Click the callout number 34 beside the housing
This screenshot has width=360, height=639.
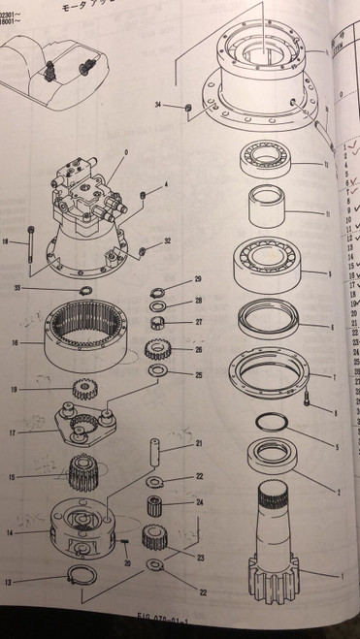point(158,104)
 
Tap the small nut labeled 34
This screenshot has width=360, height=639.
point(184,105)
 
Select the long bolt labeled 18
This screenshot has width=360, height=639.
point(33,244)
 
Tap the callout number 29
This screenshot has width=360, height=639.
point(197,279)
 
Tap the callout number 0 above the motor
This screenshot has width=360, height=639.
point(124,152)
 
